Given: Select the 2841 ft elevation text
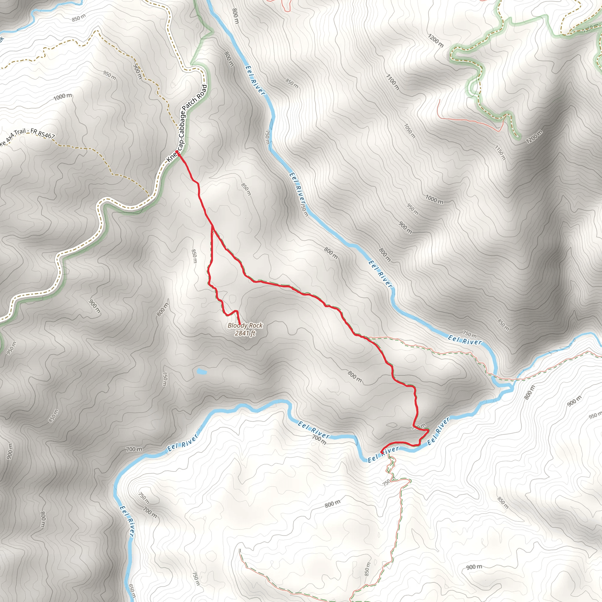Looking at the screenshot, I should (x=245, y=333).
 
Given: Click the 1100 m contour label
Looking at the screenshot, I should (x=392, y=82).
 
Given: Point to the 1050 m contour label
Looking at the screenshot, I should (x=410, y=131).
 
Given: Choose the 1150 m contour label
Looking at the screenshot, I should (x=500, y=153).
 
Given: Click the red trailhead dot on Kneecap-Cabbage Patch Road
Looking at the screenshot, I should (x=177, y=152).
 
